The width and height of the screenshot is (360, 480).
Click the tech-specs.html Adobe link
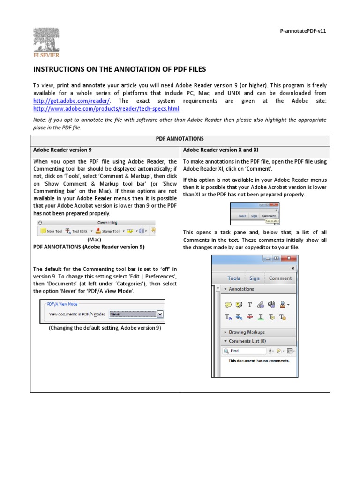106,109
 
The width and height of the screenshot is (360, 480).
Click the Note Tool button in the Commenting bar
51,231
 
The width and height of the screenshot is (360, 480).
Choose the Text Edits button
76,231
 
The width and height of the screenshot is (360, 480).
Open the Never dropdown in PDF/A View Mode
136,314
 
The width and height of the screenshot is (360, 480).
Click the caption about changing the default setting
105,328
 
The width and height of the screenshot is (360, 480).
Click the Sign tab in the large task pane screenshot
254,278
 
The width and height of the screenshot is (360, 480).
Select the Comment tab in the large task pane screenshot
280,278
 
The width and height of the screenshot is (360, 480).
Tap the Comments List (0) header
247,341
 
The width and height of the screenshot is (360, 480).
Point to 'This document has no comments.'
259,361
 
